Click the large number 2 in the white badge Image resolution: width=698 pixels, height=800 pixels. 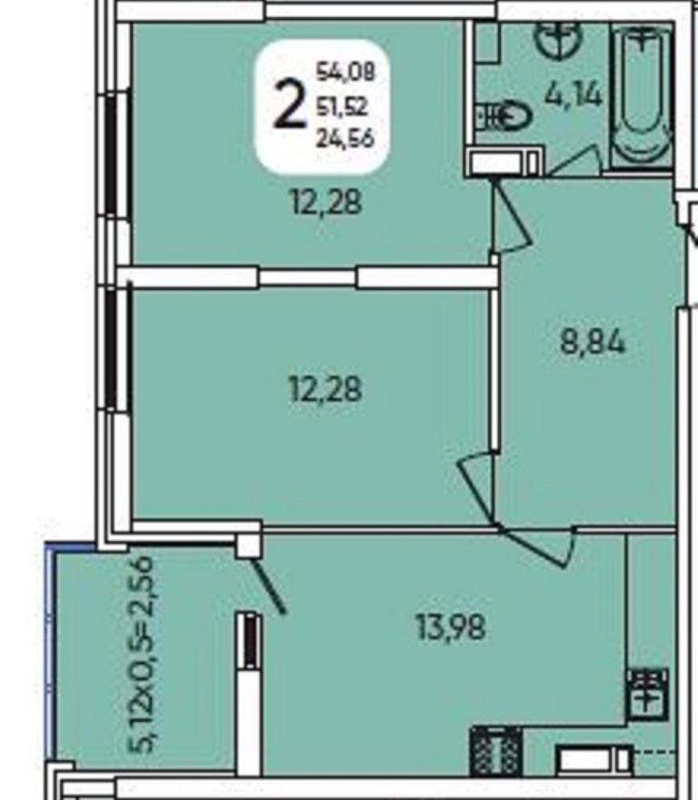pos(290,105)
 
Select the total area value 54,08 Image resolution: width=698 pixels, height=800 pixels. pos(345,71)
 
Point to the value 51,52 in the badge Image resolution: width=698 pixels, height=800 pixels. pos(342,106)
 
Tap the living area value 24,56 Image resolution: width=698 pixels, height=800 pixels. pos(345,138)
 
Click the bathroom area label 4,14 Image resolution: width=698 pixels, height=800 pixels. pos(573,95)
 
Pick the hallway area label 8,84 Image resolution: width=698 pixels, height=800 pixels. pos(593,342)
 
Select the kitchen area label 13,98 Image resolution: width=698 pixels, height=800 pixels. pos(451,626)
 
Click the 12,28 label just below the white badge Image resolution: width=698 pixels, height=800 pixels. pos(326,202)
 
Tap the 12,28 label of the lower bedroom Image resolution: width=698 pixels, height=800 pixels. pos(325,389)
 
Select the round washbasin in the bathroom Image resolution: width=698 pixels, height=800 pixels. pos(558,39)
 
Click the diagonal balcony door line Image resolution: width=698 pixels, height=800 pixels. pos(268,585)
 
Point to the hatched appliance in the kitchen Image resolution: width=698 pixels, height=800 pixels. pos(495,751)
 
